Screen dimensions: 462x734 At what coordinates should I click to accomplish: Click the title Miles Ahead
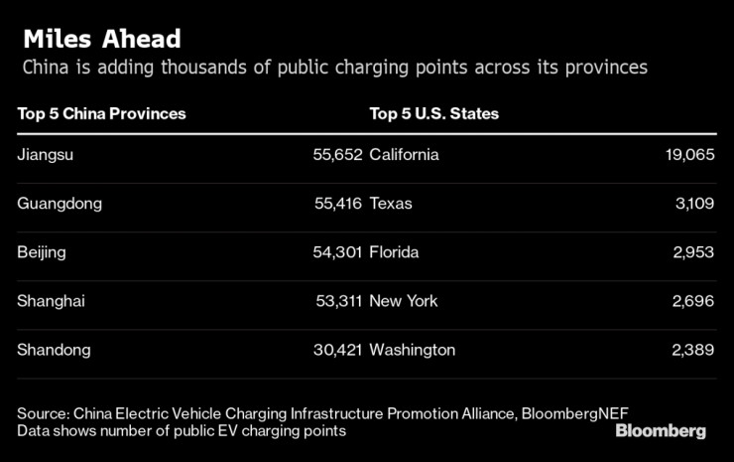(x=101, y=39)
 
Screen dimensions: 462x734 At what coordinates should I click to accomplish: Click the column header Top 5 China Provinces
(x=101, y=113)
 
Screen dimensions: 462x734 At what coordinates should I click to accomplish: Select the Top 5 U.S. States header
(x=433, y=113)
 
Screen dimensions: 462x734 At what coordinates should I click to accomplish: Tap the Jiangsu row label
(x=46, y=155)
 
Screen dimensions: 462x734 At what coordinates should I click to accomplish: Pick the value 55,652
(x=337, y=155)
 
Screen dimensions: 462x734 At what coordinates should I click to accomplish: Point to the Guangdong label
(x=60, y=204)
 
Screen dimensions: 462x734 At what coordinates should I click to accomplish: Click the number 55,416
(x=337, y=204)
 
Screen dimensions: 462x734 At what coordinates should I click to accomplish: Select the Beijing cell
(x=42, y=252)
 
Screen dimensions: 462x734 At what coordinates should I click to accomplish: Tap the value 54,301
(x=337, y=252)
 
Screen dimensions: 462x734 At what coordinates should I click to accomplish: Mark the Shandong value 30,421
(x=337, y=350)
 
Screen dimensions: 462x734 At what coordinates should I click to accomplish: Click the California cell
(x=404, y=155)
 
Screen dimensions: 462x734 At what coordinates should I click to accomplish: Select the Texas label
(x=391, y=204)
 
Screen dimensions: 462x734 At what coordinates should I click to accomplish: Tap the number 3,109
(x=693, y=204)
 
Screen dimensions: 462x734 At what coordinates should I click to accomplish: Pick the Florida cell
(x=394, y=252)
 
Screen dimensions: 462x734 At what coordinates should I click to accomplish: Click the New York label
(x=404, y=301)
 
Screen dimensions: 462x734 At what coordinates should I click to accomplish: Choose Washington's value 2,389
(x=693, y=350)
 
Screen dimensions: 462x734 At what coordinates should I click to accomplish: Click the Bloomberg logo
(x=661, y=431)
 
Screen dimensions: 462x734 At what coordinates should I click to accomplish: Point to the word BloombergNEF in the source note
(x=579, y=412)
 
